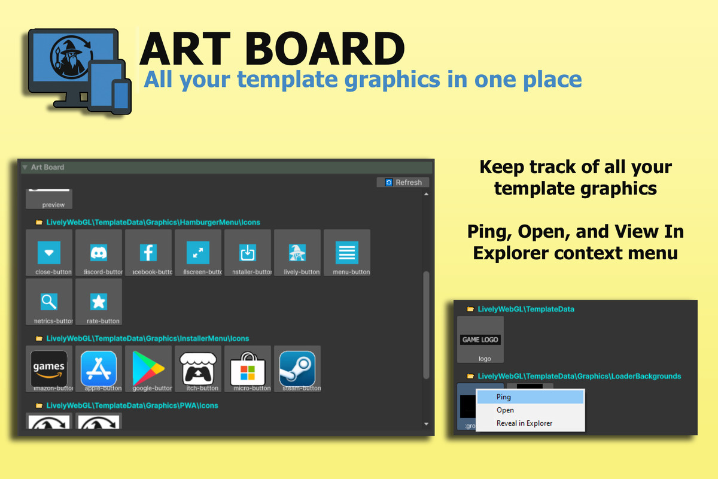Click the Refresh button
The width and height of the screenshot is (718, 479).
coord(403,182)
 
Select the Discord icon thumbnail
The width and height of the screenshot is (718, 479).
coord(99,253)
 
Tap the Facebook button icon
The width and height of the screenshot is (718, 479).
coord(148,253)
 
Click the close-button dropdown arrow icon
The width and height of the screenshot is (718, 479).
coord(49,253)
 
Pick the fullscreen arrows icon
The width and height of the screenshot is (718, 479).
coord(198,253)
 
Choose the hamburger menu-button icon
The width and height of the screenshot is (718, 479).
coord(347,253)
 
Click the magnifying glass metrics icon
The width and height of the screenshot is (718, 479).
coord(49,301)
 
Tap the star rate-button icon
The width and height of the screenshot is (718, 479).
coord(99,301)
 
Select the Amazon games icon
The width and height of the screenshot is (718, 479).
coord(49,368)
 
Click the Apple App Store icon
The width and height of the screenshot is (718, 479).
coord(99,368)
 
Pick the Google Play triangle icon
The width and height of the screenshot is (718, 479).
coord(148,368)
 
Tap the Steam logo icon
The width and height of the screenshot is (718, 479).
coord(297,368)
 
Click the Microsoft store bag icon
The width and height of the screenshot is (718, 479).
coord(248,369)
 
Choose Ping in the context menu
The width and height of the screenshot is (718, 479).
coord(504,397)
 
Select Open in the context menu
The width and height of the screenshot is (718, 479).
coord(506,410)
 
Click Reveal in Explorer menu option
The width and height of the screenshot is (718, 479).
coord(525,423)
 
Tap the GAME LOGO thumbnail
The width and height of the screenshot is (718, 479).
coord(480,339)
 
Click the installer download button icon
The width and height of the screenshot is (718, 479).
coord(248,253)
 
